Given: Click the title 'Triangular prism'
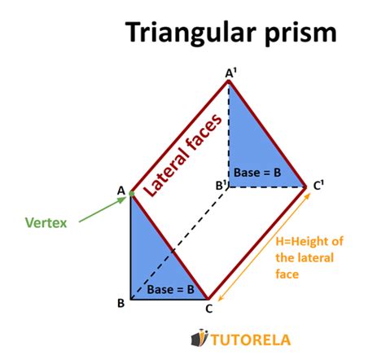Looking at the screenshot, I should click(x=230, y=33).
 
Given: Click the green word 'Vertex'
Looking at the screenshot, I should click(x=46, y=221).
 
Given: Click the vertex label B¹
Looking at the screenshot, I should click(x=221, y=186).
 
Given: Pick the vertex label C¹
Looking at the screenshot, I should click(x=320, y=186).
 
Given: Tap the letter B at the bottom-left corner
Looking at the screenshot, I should click(x=121, y=303).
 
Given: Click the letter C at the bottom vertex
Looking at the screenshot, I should click(x=209, y=308).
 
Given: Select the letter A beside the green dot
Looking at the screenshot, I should click(x=121, y=191).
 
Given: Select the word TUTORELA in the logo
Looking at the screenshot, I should click(x=249, y=338).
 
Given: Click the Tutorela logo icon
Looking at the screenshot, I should click(x=197, y=337).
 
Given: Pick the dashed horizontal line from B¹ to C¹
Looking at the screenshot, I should click(x=269, y=187).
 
